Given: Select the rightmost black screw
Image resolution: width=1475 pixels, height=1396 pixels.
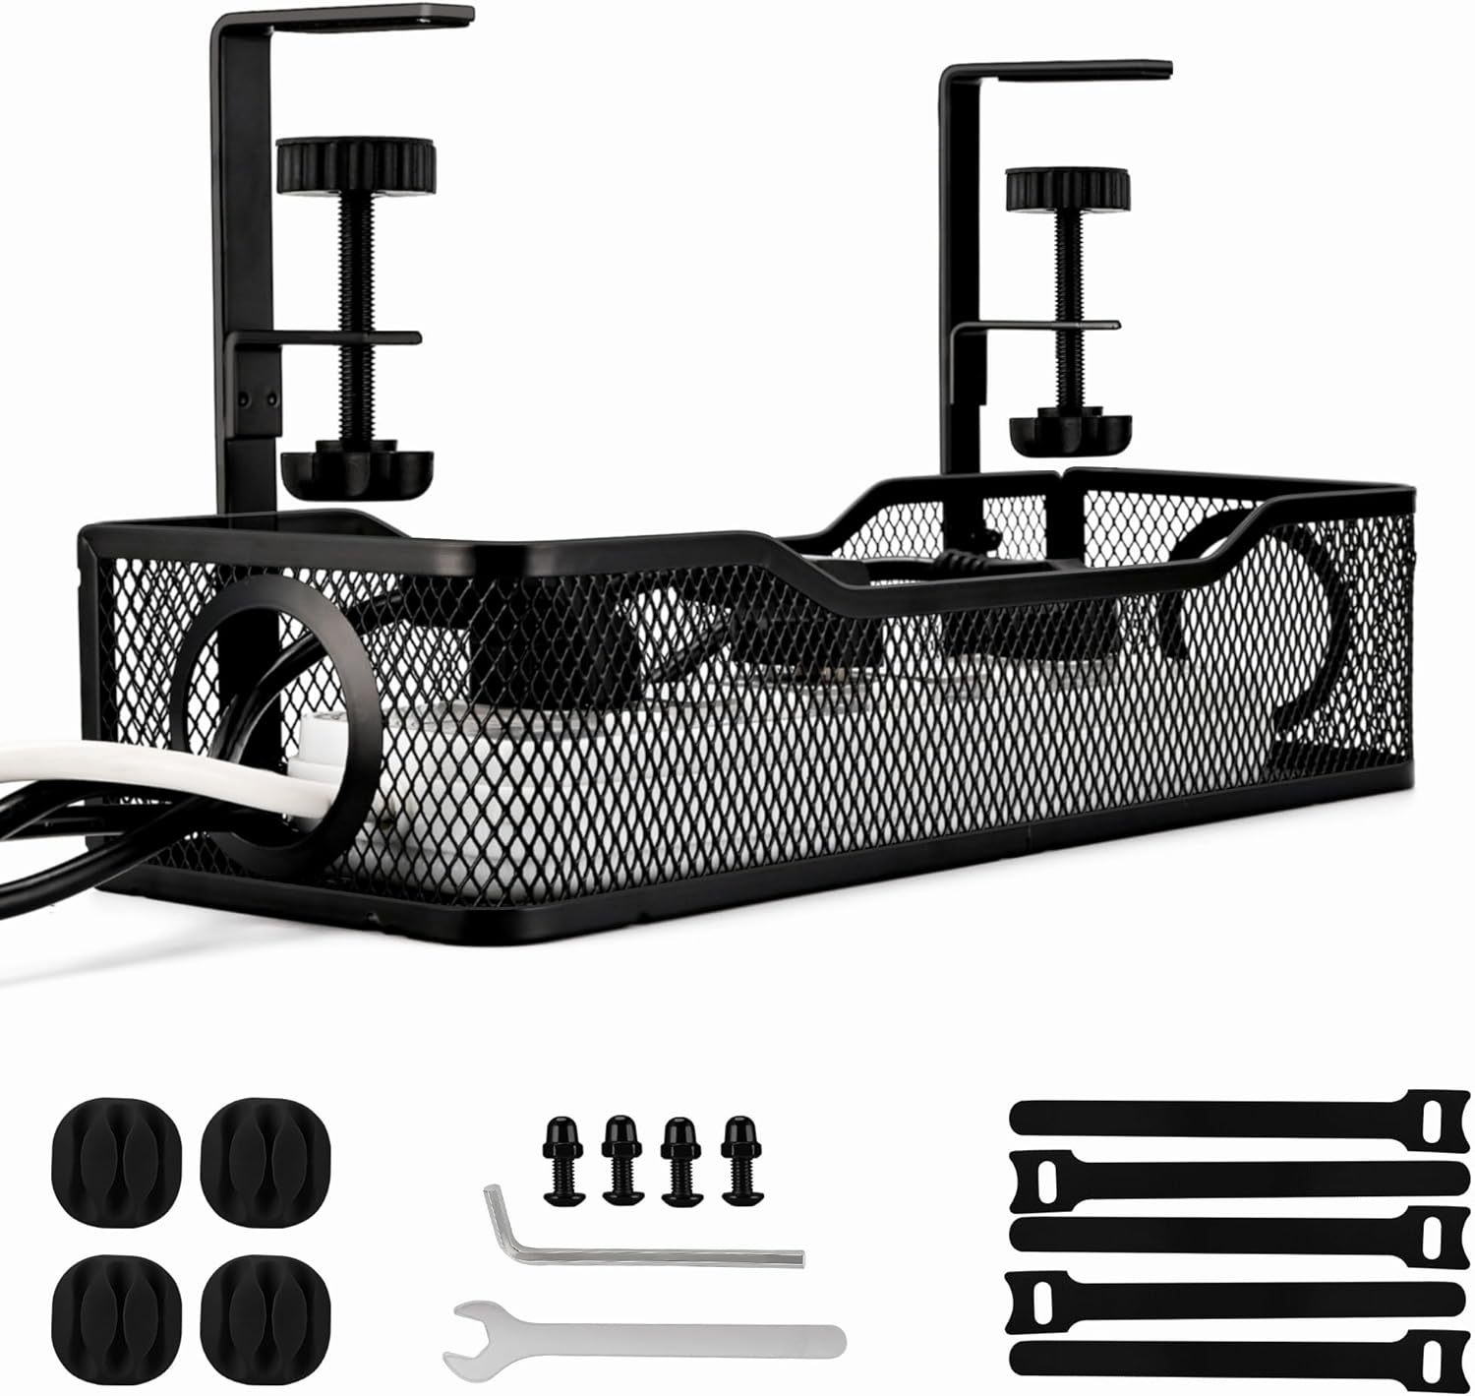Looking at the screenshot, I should (738, 1158).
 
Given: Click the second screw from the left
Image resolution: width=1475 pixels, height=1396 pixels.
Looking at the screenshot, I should (620, 1158).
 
